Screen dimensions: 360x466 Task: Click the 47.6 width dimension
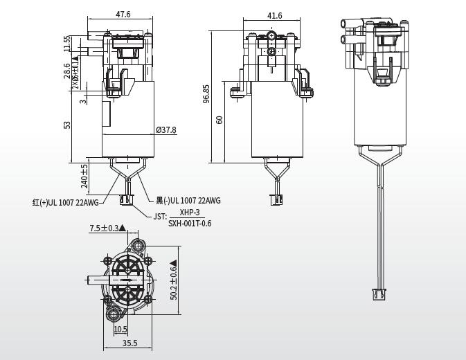(x=123, y=14)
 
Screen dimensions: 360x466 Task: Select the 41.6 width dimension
(x=274, y=15)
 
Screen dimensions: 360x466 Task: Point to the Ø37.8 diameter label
(x=166, y=129)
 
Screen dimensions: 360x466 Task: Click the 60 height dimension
(x=219, y=120)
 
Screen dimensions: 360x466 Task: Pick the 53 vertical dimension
(x=67, y=125)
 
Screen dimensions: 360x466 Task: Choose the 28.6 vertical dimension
(x=67, y=71)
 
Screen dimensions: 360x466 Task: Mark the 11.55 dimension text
(x=67, y=44)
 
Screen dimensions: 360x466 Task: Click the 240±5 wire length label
(x=84, y=176)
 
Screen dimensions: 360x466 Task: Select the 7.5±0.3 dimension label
(x=104, y=228)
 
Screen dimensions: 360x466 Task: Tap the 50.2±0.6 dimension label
(x=174, y=283)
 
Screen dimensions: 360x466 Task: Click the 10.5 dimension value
(x=120, y=330)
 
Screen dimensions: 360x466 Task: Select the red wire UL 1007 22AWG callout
(x=66, y=202)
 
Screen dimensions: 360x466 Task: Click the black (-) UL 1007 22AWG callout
(x=188, y=201)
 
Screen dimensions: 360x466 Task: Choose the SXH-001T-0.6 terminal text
(x=190, y=223)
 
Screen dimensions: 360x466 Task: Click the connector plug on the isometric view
(x=379, y=293)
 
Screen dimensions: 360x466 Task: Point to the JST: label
(x=160, y=217)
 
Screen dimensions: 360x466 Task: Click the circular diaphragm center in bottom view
(x=127, y=280)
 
